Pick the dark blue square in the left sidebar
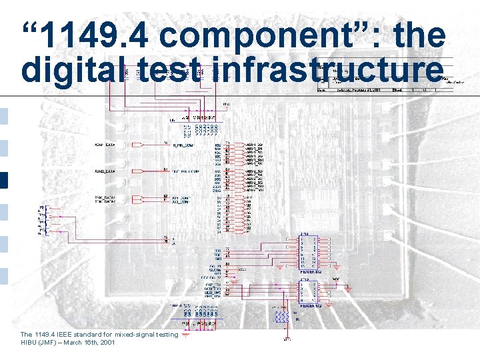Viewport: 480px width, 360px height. tap(4, 181)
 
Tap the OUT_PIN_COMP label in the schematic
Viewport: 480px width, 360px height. tap(185, 171)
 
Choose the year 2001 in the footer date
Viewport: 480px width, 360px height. tap(107, 342)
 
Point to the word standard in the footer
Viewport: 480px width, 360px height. tap(89, 334)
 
